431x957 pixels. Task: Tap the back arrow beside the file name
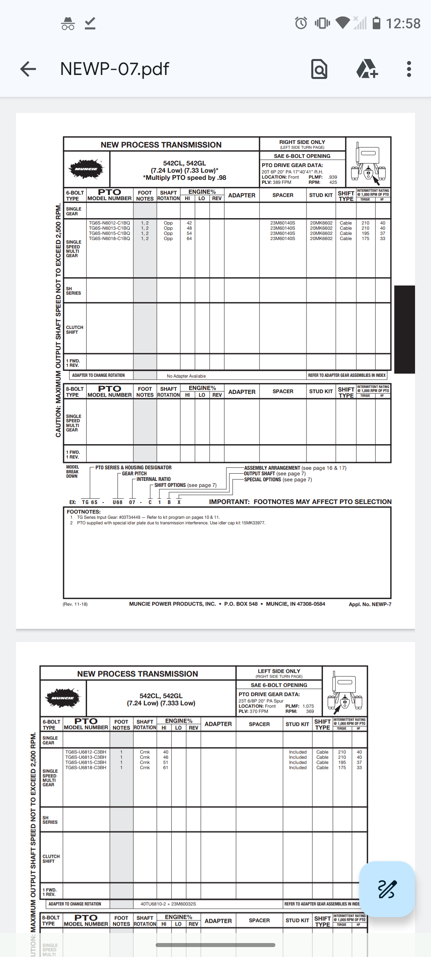tap(28, 69)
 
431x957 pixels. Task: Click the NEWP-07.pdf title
tap(115, 69)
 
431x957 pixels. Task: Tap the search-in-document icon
tap(319, 69)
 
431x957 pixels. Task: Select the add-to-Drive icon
tap(367, 69)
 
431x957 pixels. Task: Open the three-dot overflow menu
tap(409, 69)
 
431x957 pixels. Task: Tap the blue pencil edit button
tap(387, 889)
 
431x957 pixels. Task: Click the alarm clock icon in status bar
tap(301, 23)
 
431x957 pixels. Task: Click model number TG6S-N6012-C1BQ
tap(109, 223)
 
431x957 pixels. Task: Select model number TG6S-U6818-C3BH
tap(86, 768)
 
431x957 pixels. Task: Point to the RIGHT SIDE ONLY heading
tap(302, 142)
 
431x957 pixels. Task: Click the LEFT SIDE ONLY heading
tap(279, 671)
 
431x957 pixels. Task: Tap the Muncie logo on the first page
tap(87, 169)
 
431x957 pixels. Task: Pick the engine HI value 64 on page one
tap(189, 239)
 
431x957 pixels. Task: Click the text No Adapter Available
tap(186, 376)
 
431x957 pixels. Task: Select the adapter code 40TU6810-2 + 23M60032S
tap(168, 904)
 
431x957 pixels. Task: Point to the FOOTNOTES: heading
tap(83, 512)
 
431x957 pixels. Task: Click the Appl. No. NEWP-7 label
tap(370, 604)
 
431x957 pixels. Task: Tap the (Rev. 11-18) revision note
tap(75, 604)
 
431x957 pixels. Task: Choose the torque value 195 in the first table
tap(365, 234)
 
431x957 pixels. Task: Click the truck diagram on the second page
tap(345, 692)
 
